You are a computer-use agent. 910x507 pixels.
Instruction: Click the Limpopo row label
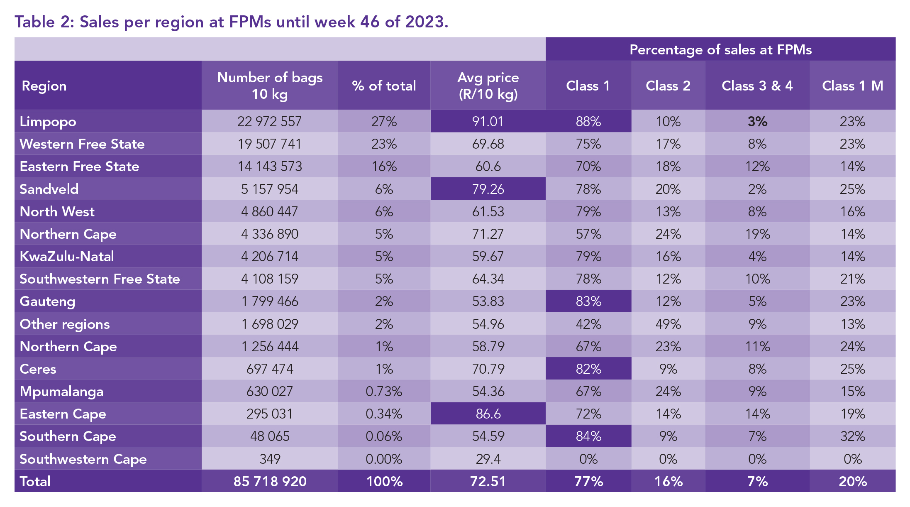point(48,122)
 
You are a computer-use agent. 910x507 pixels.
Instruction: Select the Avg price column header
point(488,86)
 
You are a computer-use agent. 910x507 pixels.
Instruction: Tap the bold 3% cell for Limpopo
point(757,122)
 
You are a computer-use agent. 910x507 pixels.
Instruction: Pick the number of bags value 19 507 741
point(270,144)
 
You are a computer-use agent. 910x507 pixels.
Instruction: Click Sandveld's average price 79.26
point(488,189)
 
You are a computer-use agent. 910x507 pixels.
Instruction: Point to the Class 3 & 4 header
point(757,86)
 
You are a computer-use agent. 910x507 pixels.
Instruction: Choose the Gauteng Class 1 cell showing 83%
point(588,301)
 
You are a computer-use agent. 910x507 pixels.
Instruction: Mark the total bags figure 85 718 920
point(270,482)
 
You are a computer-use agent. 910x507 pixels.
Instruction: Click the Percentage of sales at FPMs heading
point(720,50)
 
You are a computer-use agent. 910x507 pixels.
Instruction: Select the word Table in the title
point(34,22)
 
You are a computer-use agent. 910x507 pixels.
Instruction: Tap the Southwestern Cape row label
point(83,459)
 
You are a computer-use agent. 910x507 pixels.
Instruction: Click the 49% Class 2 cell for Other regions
point(668,324)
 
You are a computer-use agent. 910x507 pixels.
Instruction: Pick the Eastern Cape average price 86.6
point(488,414)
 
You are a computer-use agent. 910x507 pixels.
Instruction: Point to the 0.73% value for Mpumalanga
point(384,392)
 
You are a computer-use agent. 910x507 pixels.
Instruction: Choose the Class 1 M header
point(853,86)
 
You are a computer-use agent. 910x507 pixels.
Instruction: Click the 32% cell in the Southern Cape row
point(853,436)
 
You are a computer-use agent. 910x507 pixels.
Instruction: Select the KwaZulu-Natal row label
point(67,257)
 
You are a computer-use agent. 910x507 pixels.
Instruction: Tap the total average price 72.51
point(488,482)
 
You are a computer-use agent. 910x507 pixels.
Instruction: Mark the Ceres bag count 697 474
point(270,369)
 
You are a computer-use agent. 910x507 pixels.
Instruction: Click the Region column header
point(44,86)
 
